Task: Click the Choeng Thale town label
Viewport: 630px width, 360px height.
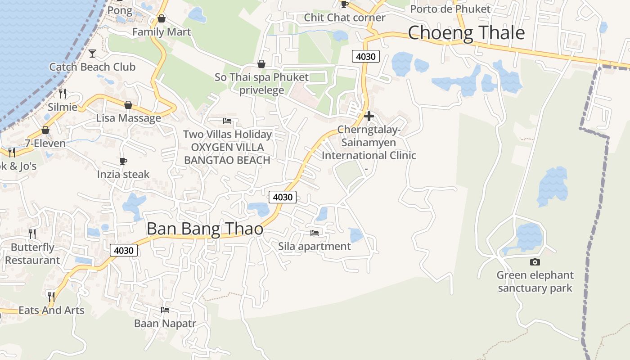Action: (466, 33)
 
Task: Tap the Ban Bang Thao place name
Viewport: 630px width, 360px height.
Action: (205, 229)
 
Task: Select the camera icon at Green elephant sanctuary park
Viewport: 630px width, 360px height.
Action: (535, 262)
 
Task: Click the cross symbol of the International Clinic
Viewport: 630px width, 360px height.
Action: (369, 116)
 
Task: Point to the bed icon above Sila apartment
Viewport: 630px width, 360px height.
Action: (315, 233)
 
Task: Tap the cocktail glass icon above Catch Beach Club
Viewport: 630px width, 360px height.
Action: (92, 54)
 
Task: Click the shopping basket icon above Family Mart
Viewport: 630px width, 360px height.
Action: (161, 19)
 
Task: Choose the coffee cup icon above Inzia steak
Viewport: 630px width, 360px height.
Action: (123, 161)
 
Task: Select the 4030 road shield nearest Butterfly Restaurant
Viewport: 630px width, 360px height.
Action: (124, 250)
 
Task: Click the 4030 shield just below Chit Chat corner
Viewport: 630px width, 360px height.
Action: (365, 56)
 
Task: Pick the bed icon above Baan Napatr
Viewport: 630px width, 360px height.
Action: (165, 310)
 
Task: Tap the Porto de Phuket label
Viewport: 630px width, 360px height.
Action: (450, 9)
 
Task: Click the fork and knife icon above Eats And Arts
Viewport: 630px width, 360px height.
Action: (51, 297)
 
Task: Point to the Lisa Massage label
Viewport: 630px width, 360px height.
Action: (128, 118)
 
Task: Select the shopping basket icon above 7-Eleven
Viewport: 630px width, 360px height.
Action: (45, 130)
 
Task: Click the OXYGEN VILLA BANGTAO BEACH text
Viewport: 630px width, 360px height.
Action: (227, 153)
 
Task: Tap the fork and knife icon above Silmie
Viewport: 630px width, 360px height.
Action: (63, 94)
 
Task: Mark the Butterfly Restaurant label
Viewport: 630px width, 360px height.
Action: (32, 254)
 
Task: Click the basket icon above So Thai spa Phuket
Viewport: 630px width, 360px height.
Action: (261, 64)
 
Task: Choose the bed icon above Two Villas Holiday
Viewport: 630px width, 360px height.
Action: (227, 121)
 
